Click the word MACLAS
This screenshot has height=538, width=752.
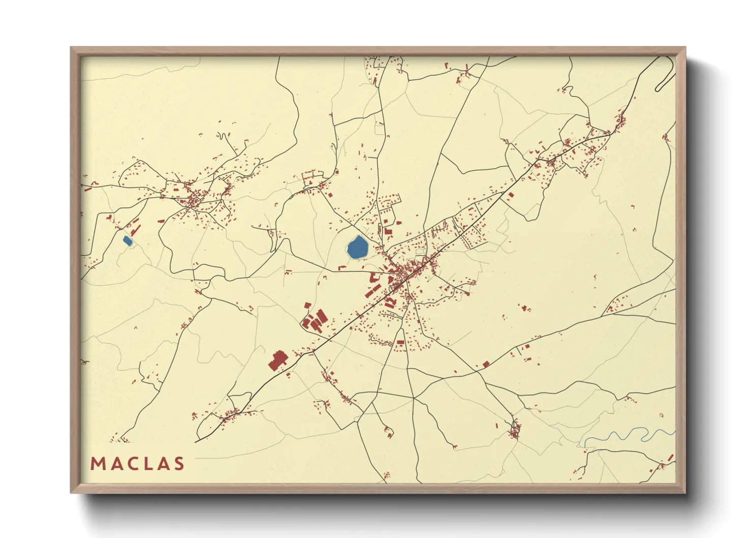pos(137,464)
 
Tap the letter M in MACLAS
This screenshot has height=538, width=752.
pos(97,464)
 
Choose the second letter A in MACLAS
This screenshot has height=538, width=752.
pos(163,464)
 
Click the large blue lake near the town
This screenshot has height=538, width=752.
pos(358,248)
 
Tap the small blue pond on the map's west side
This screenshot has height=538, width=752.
pos(128,241)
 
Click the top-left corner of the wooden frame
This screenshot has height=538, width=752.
pos(72,48)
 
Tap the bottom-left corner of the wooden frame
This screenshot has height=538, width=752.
pos(72,492)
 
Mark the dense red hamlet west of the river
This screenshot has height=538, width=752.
pos(515,431)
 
